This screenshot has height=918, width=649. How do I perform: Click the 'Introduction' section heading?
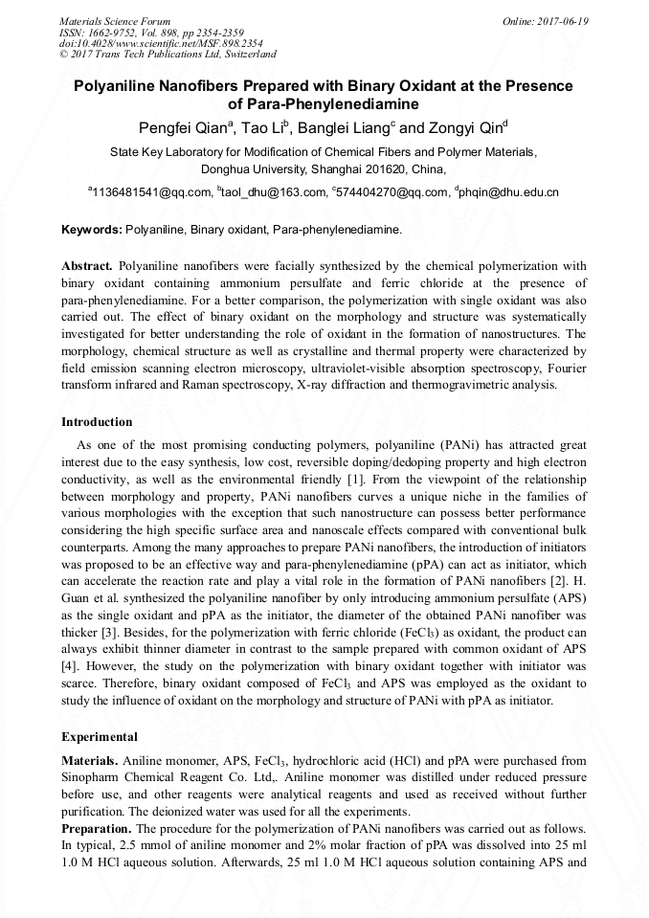(97, 422)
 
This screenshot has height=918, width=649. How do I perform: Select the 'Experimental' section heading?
(100, 737)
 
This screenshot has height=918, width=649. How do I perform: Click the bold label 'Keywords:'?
(92, 230)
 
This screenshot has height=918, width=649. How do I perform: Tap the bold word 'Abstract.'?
(87, 265)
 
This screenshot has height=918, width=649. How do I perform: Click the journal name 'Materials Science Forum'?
(115, 21)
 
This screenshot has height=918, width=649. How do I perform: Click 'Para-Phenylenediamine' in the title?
(323, 103)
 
